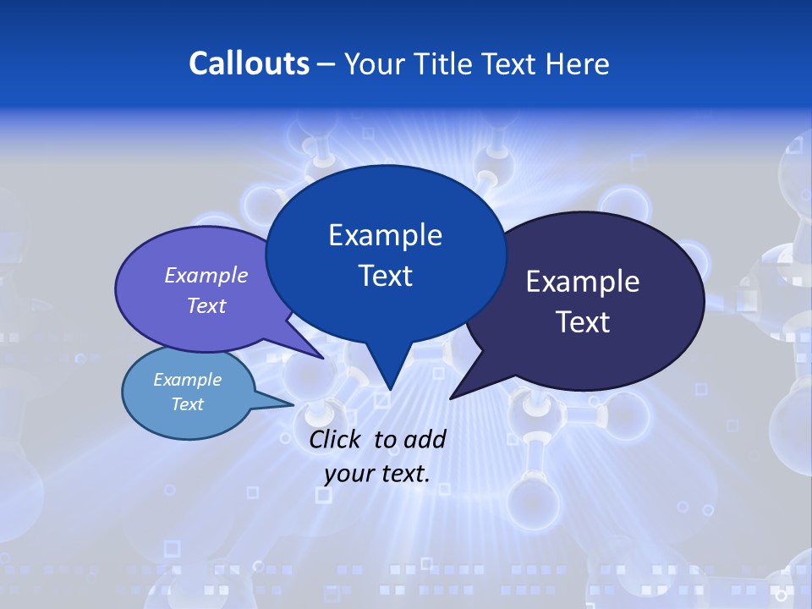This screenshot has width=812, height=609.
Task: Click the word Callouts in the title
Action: [249, 63]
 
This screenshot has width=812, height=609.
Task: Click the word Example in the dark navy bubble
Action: [583, 282]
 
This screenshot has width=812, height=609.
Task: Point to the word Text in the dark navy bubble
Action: [583, 322]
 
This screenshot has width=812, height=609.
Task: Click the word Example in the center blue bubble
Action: [385, 235]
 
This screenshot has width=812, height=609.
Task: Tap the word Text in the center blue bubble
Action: [385, 276]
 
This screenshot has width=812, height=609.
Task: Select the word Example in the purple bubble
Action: [206, 275]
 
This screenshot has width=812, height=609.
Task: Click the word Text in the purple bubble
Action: [206, 305]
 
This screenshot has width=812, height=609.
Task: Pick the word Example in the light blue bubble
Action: [188, 380]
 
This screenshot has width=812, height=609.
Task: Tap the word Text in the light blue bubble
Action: [188, 404]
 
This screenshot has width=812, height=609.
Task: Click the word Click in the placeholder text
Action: [337, 439]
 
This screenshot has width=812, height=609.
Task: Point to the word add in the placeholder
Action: [424, 439]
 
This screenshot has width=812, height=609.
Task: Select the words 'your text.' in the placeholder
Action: [377, 474]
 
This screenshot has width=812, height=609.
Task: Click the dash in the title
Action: [326, 64]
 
